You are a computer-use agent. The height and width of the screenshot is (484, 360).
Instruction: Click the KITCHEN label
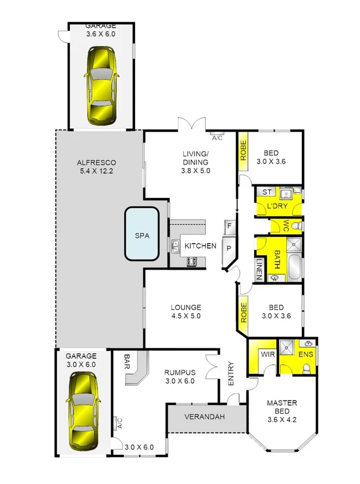coord(200,246)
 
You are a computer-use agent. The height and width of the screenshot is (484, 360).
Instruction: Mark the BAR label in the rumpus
coord(127,362)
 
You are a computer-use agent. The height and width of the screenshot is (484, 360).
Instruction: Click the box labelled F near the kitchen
coord(230,225)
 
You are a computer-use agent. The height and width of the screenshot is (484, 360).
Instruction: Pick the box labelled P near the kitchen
coord(229,248)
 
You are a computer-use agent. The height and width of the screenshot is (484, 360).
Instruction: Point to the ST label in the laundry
coord(267,192)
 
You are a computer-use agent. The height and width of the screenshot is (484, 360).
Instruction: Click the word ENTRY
coord(231,373)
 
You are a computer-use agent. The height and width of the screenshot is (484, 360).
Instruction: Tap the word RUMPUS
coord(179,372)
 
